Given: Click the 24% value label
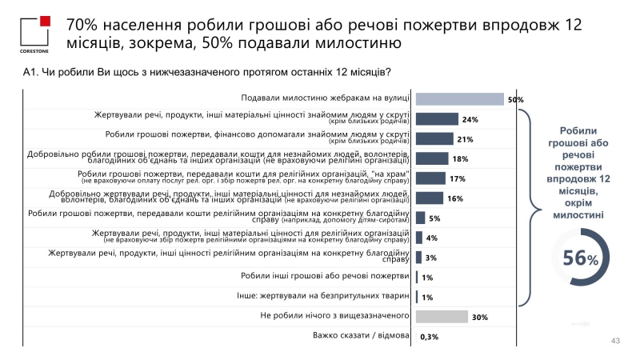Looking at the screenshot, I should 470,120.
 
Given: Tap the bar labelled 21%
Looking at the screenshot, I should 434,139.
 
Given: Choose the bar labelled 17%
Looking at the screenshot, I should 430,178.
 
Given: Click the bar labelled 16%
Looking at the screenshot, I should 430,198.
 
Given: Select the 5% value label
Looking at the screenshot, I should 434,218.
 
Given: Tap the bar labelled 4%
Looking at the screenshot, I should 419,238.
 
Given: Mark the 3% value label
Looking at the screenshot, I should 430,258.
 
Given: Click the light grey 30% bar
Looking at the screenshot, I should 442,317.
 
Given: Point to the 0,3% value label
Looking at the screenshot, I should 430,337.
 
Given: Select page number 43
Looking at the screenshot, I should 615,341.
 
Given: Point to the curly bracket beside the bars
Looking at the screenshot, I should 524,208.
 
